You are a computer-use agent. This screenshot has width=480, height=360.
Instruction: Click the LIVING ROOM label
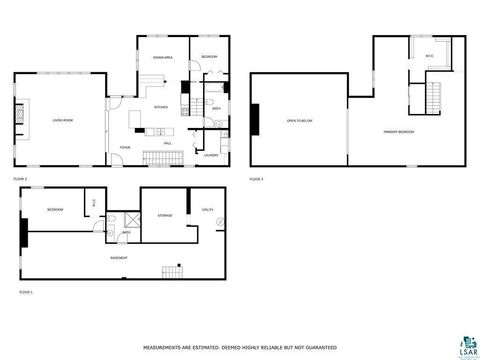63,120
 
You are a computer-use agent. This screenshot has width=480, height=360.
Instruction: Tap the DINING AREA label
163,58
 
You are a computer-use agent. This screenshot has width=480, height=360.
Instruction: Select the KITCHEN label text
160,107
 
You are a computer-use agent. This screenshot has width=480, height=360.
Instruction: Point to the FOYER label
125,147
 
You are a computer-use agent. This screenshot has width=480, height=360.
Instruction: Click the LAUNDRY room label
210,155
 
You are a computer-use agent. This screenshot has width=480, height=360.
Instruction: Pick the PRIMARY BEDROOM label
398,131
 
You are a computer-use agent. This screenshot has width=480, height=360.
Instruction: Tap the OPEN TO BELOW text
299,120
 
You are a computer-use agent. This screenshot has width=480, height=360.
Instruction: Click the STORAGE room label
165,215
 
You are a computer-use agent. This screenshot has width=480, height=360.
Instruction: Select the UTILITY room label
208,209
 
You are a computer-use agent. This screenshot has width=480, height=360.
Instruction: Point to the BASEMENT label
118,258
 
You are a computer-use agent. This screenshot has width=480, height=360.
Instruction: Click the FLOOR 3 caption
257,179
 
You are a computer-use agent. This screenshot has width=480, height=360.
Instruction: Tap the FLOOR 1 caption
26,292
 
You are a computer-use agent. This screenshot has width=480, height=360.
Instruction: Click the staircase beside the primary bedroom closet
434,97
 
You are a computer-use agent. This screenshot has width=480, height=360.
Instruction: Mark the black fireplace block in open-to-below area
255,120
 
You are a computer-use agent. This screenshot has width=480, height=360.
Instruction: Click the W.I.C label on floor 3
429,55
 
